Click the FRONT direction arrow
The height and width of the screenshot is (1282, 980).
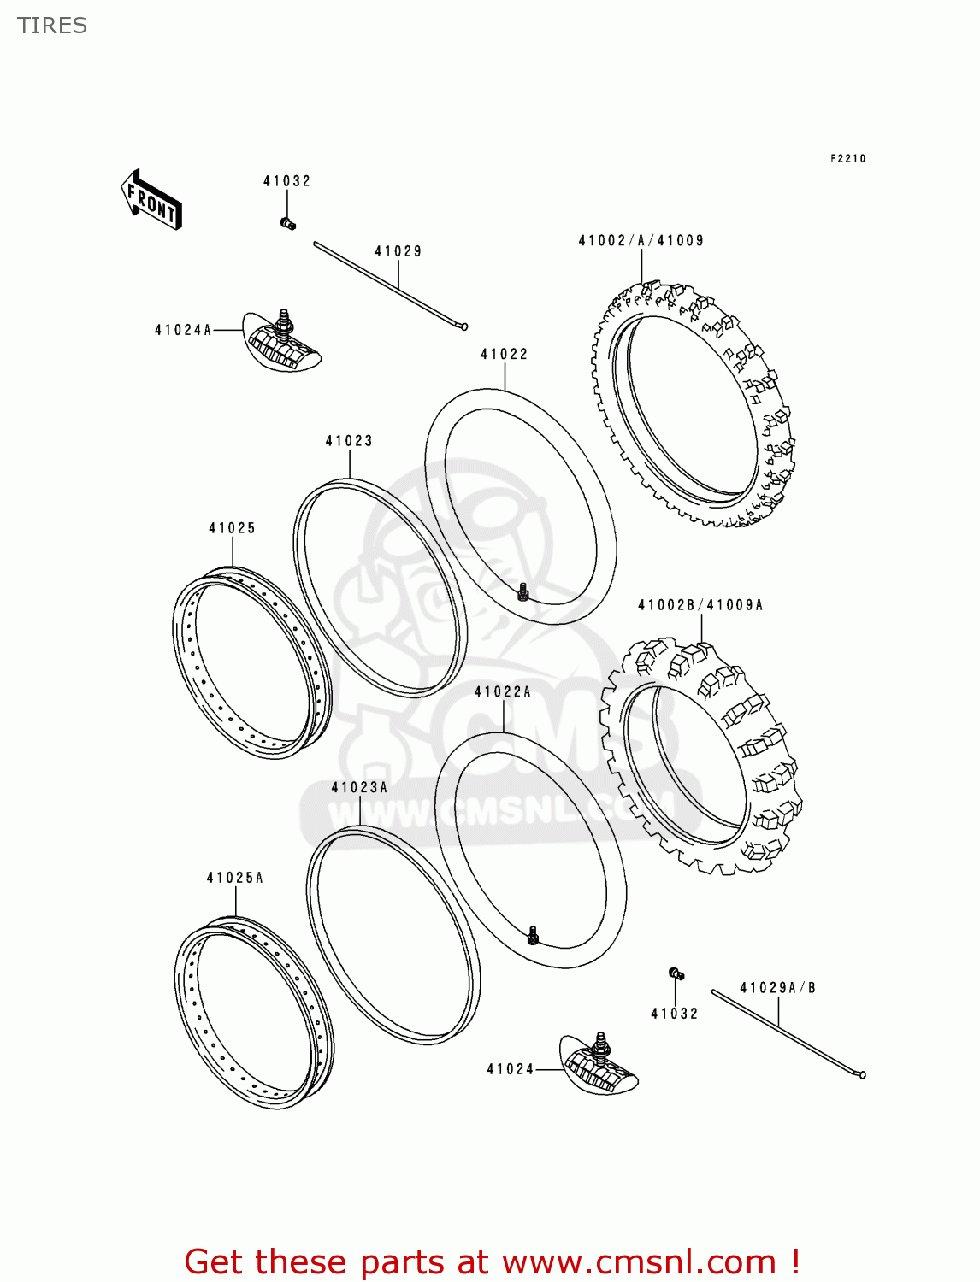point(151,200)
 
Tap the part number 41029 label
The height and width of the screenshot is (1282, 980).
point(398,251)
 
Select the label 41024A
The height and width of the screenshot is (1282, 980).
point(183,330)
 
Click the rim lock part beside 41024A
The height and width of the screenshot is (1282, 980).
point(281,342)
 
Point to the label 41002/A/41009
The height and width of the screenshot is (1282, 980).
point(641,241)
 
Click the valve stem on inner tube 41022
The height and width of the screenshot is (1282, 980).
point(523,591)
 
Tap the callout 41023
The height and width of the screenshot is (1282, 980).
point(349,441)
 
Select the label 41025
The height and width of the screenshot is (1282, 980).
point(233,528)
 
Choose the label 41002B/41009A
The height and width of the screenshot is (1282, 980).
point(700,605)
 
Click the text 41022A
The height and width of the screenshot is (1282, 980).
point(503,691)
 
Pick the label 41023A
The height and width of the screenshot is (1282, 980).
point(359,787)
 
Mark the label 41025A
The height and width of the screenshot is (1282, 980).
point(235,878)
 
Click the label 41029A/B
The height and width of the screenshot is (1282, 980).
point(777,988)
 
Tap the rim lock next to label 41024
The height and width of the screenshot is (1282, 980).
point(599,1063)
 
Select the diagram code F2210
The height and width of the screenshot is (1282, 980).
point(847,158)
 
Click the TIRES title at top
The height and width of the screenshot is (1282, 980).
point(52,26)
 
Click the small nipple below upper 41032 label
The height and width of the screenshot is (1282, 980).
point(287,224)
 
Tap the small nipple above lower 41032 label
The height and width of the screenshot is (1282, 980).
point(676,973)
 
